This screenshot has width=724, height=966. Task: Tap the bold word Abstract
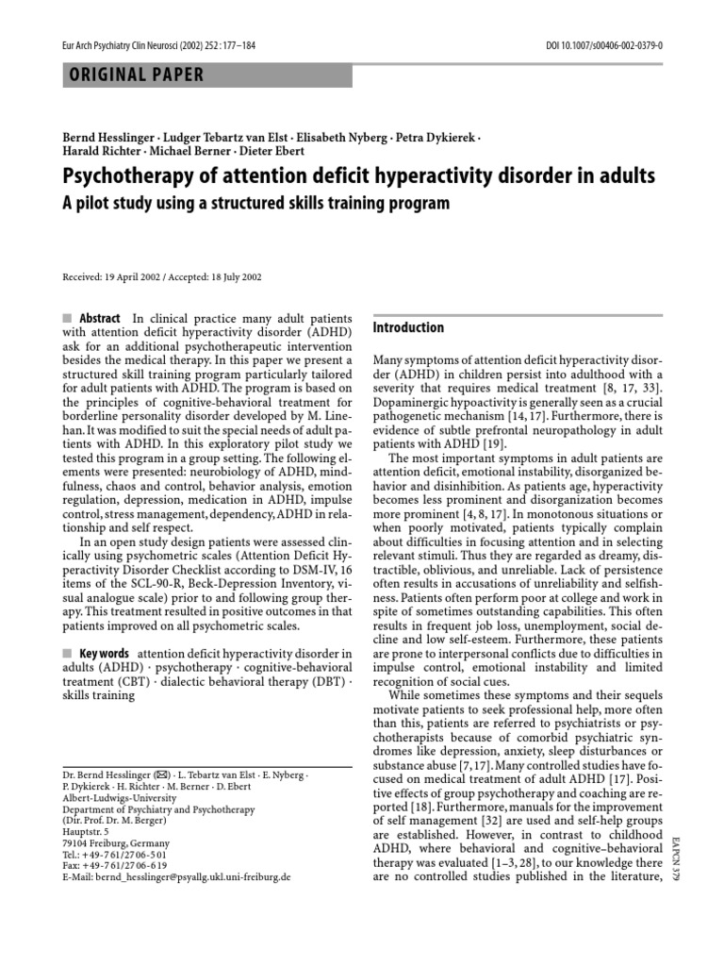click(100, 319)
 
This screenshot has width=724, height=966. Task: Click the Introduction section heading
click(408, 327)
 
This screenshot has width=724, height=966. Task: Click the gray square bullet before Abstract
click(67, 319)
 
